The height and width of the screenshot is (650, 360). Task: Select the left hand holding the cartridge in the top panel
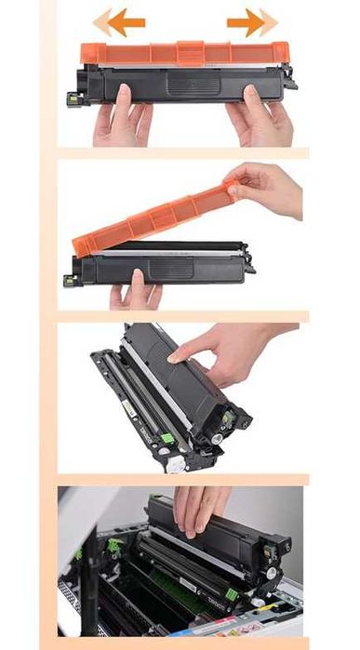[121, 116]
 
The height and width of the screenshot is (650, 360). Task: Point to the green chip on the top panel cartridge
[71, 96]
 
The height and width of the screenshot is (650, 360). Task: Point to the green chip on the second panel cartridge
[70, 278]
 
